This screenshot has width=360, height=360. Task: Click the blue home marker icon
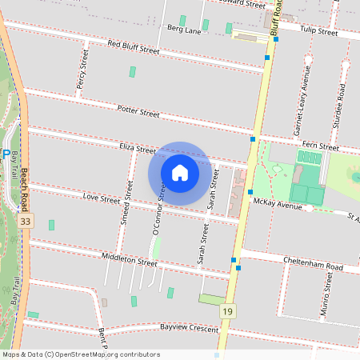pos(180,173)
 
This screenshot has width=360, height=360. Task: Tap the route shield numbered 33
pos(27,221)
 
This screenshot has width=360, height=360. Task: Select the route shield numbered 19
pos(229,310)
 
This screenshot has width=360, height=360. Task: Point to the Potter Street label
pos(138,110)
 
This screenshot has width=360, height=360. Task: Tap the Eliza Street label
pos(137,149)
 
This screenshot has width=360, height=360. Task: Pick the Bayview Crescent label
pos(190,328)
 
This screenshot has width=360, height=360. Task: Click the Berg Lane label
pos(183,30)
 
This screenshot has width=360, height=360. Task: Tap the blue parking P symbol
pos(6,154)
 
